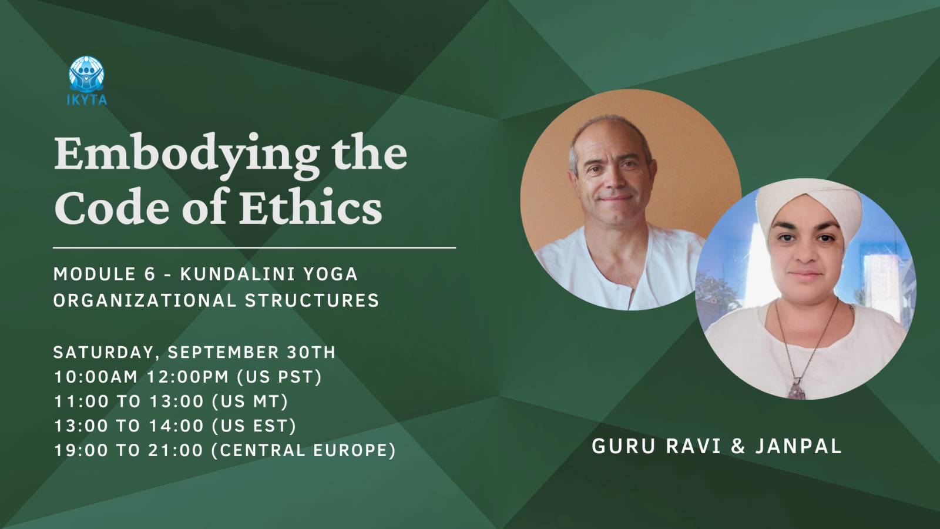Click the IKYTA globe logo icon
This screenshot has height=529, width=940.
[x=86, y=74]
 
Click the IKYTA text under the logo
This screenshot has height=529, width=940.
[x=87, y=100]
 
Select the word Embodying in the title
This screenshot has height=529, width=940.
[x=187, y=155]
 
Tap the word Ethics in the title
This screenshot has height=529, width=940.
[x=311, y=206]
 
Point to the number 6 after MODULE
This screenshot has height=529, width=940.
[x=150, y=274]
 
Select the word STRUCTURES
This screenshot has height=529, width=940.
[x=312, y=300]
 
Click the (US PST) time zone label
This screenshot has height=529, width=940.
[x=280, y=377]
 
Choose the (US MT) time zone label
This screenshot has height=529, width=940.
[x=250, y=401]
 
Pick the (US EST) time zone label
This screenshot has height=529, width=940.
[x=254, y=426]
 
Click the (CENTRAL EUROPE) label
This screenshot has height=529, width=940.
[x=304, y=450]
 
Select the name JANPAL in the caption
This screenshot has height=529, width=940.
[x=798, y=446]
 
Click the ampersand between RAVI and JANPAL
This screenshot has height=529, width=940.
[x=738, y=446]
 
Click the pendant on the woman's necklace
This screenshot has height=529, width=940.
[x=796, y=390]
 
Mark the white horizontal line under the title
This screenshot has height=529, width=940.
[x=254, y=247]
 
